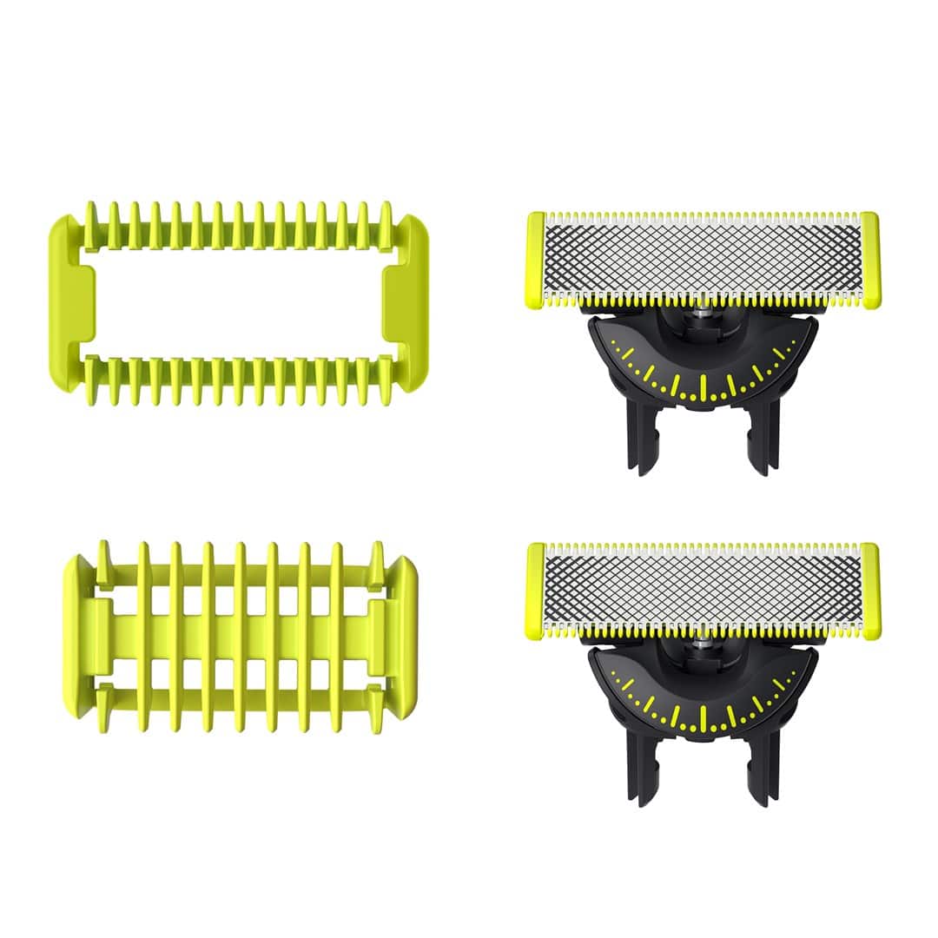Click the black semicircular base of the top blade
click(702, 369)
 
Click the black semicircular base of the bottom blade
click(702, 700)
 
